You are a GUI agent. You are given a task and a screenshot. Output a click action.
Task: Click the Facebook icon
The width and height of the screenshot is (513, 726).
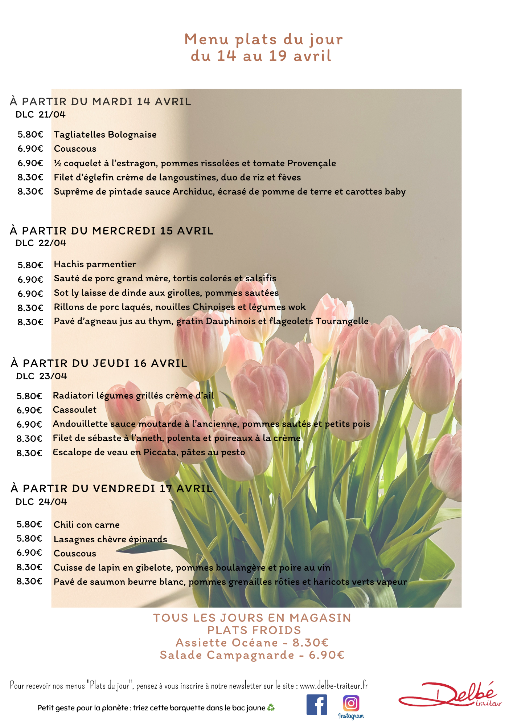click(316, 705)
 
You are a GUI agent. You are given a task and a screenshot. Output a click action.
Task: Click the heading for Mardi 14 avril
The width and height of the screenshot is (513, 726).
click(100, 102)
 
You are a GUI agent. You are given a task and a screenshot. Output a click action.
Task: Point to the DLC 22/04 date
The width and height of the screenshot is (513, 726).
click(41, 243)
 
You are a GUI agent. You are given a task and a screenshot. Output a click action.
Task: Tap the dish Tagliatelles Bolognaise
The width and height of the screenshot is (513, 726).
click(105, 135)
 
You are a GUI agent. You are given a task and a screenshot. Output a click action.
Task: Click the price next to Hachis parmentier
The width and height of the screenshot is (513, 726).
click(30, 265)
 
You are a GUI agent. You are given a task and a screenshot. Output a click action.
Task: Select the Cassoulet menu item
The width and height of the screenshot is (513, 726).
click(75, 410)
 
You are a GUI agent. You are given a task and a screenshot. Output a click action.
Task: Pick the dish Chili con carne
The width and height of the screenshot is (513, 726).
click(87, 525)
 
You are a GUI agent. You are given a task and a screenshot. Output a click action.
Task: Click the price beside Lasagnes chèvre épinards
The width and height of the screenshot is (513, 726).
click(29, 539)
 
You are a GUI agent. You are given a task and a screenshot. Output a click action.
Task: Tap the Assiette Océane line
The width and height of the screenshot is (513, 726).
click(252, 643)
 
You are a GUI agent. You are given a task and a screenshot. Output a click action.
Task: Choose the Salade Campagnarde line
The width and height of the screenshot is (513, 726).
click(252, 655)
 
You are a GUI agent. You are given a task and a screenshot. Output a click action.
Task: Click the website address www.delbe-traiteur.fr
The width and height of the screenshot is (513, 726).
click(334, 686)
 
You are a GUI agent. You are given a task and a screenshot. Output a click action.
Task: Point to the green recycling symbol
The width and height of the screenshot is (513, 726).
click(271, 707)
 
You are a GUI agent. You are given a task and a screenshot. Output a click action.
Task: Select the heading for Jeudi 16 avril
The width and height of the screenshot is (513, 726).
click(99, 363)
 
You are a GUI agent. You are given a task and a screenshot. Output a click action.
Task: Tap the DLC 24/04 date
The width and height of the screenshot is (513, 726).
click(41, 502)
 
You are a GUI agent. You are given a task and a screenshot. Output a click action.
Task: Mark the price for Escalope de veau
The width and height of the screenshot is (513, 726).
click(29, 453)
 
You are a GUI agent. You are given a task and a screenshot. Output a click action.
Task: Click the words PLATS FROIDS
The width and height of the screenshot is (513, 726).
click(254, 631)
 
